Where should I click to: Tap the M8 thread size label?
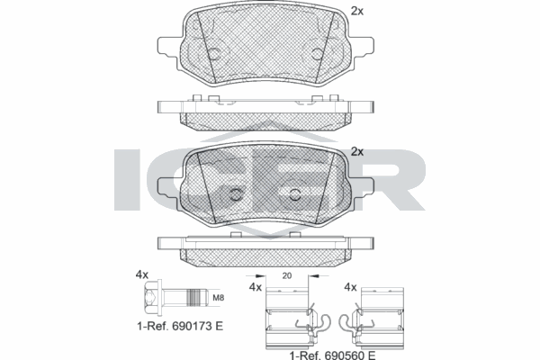(x=218, y=297)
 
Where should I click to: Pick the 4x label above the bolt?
(x=141, y=273)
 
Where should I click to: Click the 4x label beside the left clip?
(x=255, y=287)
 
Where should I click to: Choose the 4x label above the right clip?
(x=351, y=287)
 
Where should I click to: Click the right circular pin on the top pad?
(x=318, y=55)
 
